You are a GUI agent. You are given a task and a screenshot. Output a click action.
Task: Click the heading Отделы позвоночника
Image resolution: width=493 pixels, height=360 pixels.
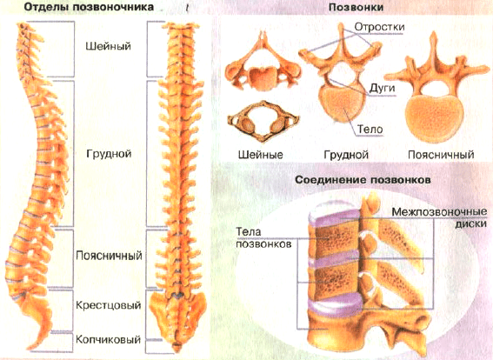click(x=89, y=7)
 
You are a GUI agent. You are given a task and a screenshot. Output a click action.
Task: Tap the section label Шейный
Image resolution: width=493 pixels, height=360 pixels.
click(x=108, y=46)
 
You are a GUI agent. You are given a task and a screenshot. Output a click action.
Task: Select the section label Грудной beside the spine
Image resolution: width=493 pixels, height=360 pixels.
click(x=109, y=154)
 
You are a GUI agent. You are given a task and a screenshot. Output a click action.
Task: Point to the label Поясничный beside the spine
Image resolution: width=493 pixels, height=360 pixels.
click(x=109, y=256)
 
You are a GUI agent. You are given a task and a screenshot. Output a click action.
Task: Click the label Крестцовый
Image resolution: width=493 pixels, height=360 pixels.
click(x=109, y=305)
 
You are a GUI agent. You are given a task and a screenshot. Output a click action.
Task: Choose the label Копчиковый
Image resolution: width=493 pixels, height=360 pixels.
click(x=108, y=339)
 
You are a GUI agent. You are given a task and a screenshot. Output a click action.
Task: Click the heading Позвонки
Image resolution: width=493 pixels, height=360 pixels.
click(x=356, y=7)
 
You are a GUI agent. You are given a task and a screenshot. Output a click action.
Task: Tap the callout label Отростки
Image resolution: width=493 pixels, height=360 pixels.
click(x=379, y=27)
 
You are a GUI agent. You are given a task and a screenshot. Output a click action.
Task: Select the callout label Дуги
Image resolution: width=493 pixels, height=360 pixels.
click(x=382, y=89)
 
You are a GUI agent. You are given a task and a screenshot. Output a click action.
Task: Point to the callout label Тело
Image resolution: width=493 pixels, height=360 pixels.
click(x=370, y=129)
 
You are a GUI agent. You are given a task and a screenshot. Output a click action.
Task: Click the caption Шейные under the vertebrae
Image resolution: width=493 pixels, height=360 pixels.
click(x=261, y=155)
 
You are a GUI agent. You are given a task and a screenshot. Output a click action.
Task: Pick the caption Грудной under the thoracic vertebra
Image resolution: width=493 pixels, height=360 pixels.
click(x=346, y=155)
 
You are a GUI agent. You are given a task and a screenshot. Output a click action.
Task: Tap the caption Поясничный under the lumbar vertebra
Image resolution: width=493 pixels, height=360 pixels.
click(x=441, y=155)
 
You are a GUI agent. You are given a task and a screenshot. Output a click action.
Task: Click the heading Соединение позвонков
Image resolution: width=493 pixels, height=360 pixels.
click(x=363, y=180)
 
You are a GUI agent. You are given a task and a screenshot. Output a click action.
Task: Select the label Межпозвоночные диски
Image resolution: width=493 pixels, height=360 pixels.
click(x=439, y=217)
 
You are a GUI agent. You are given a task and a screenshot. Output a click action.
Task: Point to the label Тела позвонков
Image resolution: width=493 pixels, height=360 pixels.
click(x=263, y=237)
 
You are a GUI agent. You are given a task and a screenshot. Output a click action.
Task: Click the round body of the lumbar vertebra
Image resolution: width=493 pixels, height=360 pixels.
click(x=434, y=119)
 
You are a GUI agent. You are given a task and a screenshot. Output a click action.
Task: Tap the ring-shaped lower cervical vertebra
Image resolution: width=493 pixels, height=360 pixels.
click(x=263, y=122)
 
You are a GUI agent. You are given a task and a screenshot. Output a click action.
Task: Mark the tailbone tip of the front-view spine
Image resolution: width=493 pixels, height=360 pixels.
click(x=177, y=349)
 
